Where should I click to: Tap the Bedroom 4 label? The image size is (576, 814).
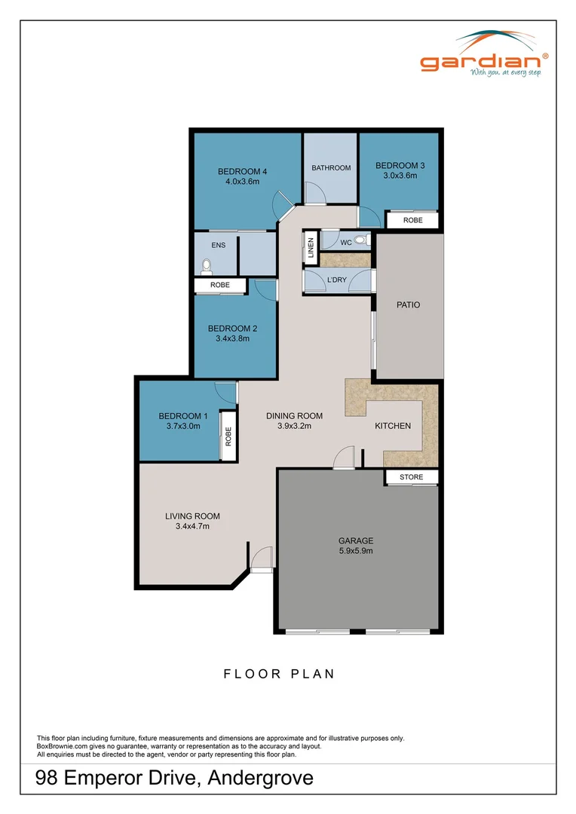coord(243,171)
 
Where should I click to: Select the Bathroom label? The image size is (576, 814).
coord(331,167)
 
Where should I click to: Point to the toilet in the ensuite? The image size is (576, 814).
coord(206,265)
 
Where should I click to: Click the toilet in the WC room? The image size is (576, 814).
coord(360,241)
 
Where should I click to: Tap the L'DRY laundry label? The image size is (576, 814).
coord(336,281)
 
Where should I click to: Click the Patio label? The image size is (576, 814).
coord(408,305)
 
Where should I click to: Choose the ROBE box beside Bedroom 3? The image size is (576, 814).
coord(412,221)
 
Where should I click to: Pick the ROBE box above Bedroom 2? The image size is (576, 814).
coord(219,286)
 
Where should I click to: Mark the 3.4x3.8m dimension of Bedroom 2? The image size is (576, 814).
coord(232,338)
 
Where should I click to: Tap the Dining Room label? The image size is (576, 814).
coord(295,416)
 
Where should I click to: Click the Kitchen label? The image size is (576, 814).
coord(393,426)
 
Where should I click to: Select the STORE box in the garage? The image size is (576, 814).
coord(412,477)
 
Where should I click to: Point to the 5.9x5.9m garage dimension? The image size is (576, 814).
coord(356,551)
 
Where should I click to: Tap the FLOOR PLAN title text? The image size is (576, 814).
coord(279,674)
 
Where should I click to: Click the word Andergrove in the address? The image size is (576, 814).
coord(260,778)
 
